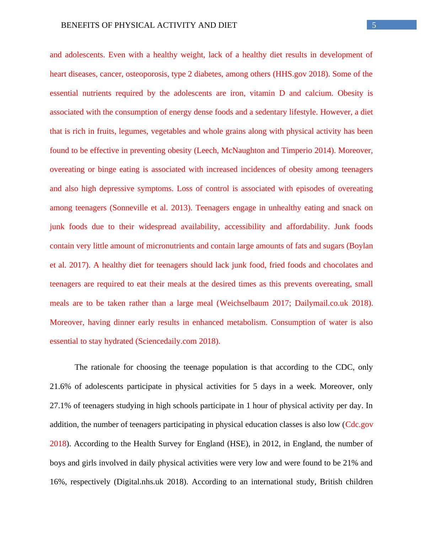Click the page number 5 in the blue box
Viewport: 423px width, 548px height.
(x=374, y=25)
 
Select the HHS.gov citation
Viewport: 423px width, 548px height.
(x=290, y=74)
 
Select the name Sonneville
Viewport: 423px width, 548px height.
(x=130, y=208)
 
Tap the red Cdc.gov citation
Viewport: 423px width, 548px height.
(x=359, y=425)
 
